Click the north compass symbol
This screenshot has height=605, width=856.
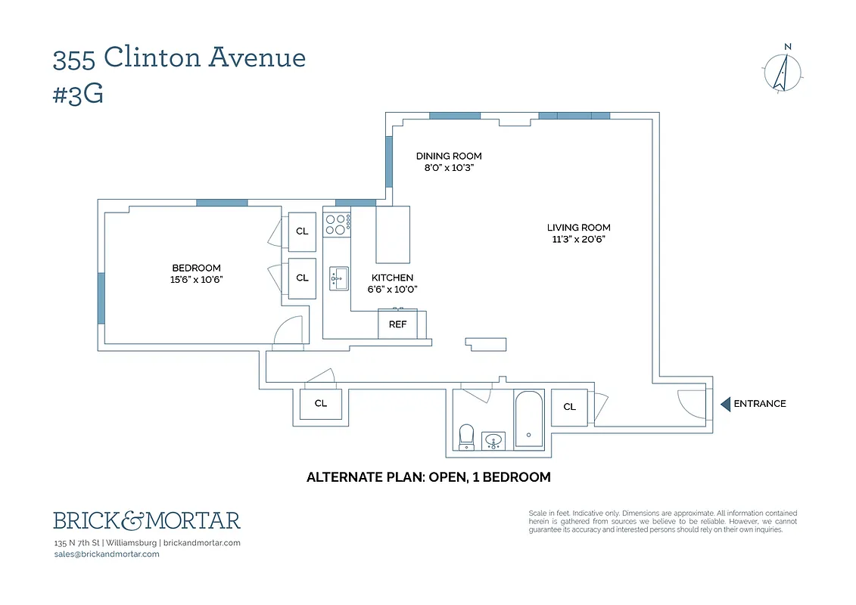784,72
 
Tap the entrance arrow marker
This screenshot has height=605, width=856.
724,404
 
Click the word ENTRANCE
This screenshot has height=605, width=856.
760,404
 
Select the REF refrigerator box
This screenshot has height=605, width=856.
398,324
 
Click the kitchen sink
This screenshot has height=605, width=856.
338,278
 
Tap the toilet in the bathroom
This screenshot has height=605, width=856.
466,436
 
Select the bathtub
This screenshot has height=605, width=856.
528,420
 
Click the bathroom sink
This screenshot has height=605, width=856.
494,439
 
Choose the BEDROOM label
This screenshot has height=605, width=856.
196,268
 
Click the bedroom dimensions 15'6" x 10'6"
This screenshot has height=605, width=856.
196,280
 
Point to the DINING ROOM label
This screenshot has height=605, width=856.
449,157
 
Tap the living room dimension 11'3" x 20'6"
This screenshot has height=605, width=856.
578,240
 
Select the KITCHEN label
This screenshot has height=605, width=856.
392,278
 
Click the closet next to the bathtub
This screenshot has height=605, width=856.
570,407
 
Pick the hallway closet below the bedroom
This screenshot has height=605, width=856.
321,403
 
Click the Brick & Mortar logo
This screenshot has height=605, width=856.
147,520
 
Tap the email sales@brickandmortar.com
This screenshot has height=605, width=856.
107,554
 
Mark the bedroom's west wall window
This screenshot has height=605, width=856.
101,298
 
